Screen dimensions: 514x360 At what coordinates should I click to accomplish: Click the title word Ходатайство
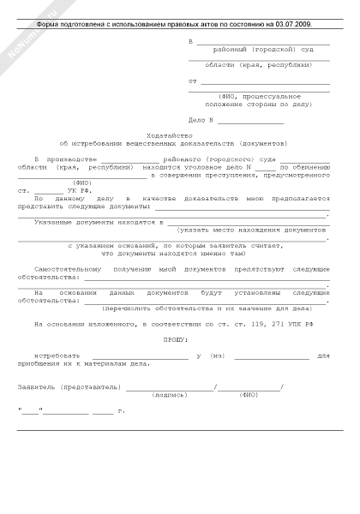pos(180,134)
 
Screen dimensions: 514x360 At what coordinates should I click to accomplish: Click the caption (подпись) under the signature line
pos(168,395)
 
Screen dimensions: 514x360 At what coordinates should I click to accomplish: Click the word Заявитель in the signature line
pos(37,387)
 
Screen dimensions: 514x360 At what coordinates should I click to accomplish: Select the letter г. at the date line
pos(121,412)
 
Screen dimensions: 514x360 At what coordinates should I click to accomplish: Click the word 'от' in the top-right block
pos(192,81)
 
